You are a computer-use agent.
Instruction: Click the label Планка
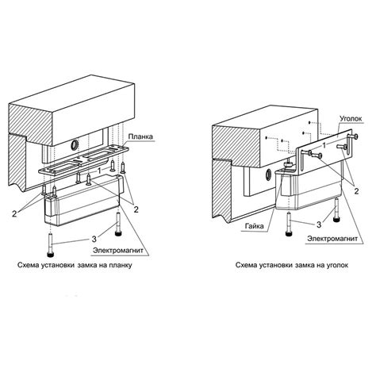click(140, 136)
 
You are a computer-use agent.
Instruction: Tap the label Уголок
click(351, 119)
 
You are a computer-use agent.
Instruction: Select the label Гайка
click(255, 226)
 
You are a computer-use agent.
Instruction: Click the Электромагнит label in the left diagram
click(118, 250)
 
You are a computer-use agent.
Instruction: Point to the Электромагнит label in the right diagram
click(332, 239)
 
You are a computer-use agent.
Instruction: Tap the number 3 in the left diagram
click(94, 240)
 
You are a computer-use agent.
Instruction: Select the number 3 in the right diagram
click(319, 224)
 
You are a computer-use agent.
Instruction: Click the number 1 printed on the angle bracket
click(324, 146)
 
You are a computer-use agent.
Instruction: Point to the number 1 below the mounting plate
click(99, 171)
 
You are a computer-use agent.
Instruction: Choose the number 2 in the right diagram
click(356, 191)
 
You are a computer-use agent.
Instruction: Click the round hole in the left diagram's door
click(75, 144)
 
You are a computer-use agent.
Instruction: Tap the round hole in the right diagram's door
click(268, 175)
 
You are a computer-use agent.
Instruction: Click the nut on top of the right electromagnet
click(288, 166)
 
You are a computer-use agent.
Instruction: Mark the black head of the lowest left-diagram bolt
click(50, 255)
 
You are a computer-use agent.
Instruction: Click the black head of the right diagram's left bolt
click(289, 234)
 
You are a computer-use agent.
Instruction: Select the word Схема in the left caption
click(29, 265)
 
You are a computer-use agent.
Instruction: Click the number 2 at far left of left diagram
click(14, 213)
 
